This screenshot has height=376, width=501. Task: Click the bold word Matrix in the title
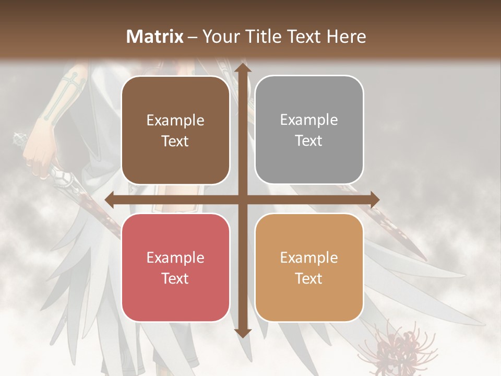[x=155, y=37]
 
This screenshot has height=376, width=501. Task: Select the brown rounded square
[x=175, y=131]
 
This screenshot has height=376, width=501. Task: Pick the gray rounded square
[x=309, y=130]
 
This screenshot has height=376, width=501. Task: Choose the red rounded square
[x=175, y=267]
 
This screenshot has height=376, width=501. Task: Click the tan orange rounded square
[x=309, y=267]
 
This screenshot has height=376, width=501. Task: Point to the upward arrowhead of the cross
[x=242, y=67]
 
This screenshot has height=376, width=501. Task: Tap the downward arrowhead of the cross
[x=242, y=333]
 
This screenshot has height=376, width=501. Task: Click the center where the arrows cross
[x=242, y=200]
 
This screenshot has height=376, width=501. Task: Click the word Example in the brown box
[x=175, y=121]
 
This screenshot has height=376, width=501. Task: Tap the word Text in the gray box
[x=309, y=141]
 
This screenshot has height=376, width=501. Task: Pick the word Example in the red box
[x=175, y=257]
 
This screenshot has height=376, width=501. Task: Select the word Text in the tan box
[x=309, y=278]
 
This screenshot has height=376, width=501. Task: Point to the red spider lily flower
[x=402, y=345]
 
